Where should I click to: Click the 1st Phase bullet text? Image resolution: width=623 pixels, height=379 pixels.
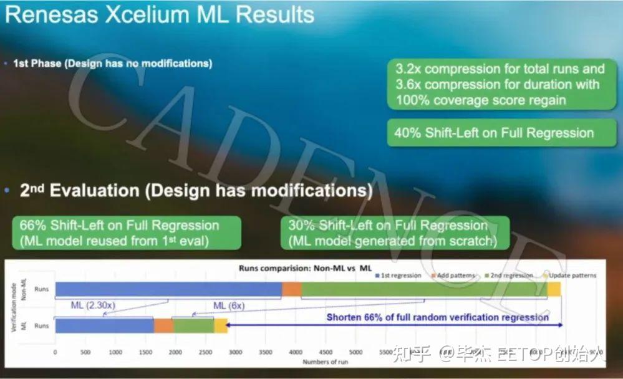click(112, 64)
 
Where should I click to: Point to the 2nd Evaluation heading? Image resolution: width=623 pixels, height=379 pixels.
click(196, 191)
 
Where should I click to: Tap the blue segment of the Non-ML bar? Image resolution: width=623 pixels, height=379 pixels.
click(168, 289)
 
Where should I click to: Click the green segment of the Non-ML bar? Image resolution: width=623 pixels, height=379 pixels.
click(424, 289)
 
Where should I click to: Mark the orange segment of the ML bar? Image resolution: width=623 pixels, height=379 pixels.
click(163, 325)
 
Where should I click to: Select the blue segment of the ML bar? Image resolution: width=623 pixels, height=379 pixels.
click(104, 325)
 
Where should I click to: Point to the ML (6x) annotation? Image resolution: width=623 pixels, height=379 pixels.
click(229, 306)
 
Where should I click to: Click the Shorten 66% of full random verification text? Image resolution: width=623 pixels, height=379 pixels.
click(437, 317)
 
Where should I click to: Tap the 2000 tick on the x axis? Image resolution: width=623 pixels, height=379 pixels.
click(175, 352)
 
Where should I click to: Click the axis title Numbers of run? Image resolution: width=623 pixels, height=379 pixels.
click(326, 362)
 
